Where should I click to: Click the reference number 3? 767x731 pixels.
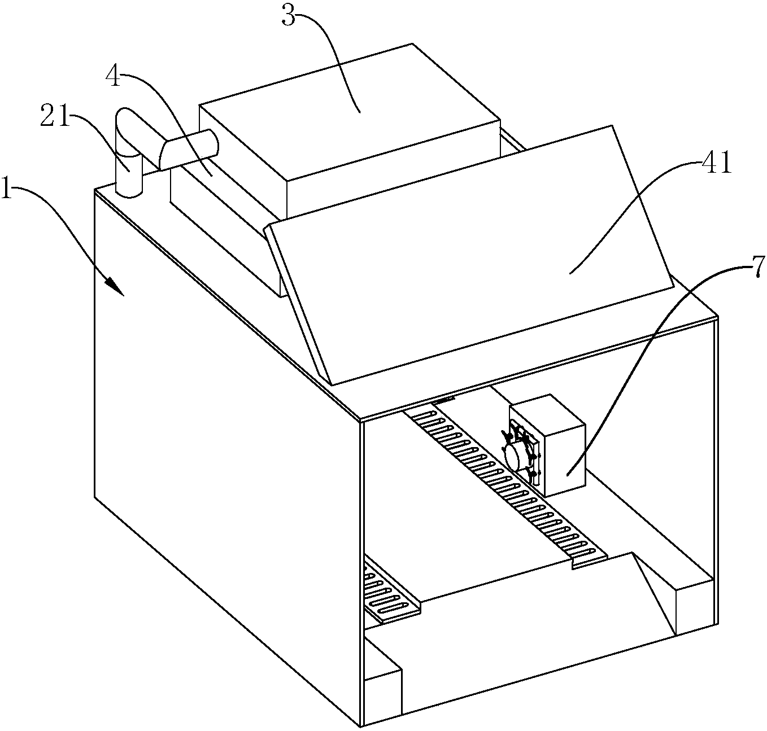pos(289,16)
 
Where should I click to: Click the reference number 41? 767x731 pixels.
pos(716,164)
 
